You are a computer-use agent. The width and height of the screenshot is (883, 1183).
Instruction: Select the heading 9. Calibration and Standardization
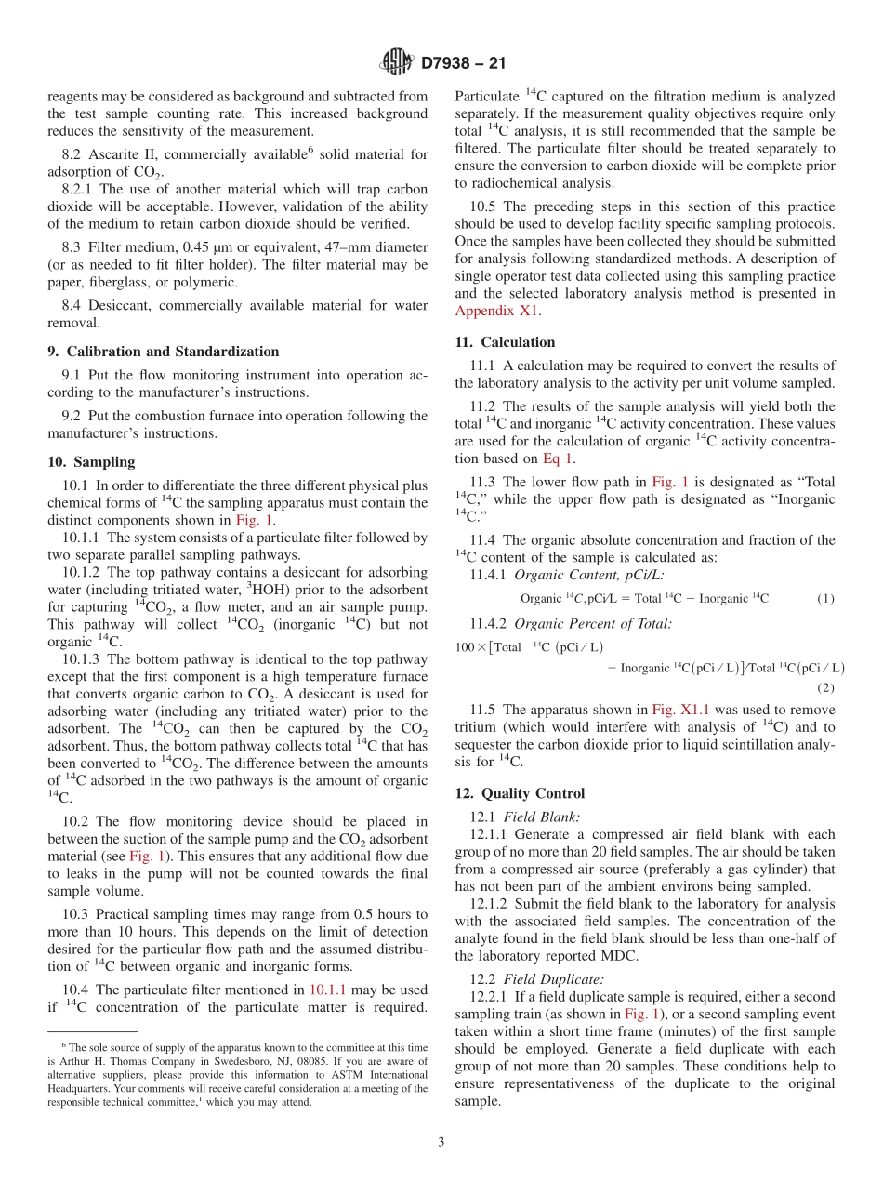163,352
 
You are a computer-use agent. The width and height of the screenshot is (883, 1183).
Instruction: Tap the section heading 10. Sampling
91,462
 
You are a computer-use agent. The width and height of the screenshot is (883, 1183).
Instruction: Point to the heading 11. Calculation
505,342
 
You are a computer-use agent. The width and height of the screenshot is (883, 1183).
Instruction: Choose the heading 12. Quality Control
520,793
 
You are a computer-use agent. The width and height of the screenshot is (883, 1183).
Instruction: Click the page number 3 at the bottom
441,1142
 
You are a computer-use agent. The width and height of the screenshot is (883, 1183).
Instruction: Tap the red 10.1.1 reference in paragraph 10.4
327,990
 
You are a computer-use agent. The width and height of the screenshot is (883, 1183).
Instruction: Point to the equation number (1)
825,600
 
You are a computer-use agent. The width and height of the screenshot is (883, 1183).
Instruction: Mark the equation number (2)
825,687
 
